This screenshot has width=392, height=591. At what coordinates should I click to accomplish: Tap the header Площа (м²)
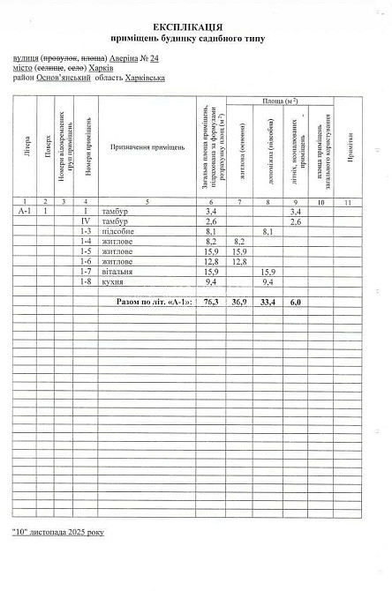[x=279, y=103]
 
